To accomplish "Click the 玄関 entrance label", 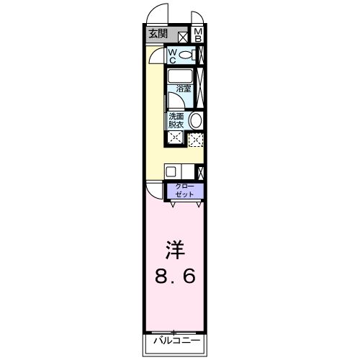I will (158, 33).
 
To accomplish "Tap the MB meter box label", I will (199, 35).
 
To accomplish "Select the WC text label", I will (174, 55).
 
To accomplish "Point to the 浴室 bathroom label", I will (184, 89).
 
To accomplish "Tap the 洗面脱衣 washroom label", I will (176, 120).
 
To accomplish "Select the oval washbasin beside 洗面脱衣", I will (196, 121).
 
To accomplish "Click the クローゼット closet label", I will (186, 191).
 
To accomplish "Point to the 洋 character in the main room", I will (176, 251).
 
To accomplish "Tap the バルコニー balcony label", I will (176, 341).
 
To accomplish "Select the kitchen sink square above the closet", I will (172, 172).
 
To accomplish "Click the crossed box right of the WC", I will (201, 55).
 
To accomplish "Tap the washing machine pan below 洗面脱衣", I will (175, 138).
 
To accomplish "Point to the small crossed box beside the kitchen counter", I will (200, 172).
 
